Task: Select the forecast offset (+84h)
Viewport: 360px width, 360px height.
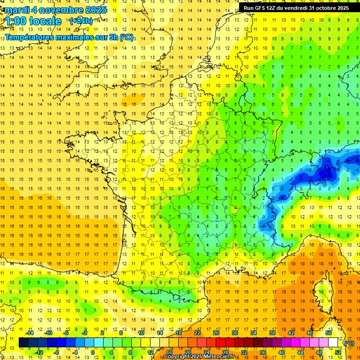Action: click(81, 21)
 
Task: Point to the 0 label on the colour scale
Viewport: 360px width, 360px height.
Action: click(93, 352)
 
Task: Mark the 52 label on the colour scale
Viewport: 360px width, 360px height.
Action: click(338, 352)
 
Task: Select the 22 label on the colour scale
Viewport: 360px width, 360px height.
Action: click(197, 333)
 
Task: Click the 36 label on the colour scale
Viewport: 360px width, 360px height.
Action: click(262, 352)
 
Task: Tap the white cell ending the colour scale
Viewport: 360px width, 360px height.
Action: click(333, 343)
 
